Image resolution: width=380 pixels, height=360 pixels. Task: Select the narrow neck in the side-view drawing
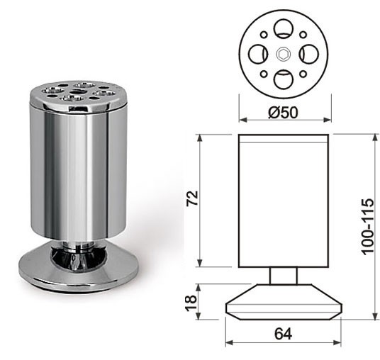coord(283,275)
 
